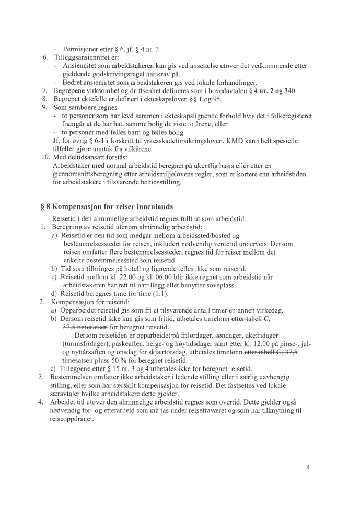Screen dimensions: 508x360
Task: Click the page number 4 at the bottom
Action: coord(308,467)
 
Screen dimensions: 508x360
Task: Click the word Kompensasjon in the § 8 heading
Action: coord(76,206)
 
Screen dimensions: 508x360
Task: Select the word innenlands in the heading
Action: coord(155,206)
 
